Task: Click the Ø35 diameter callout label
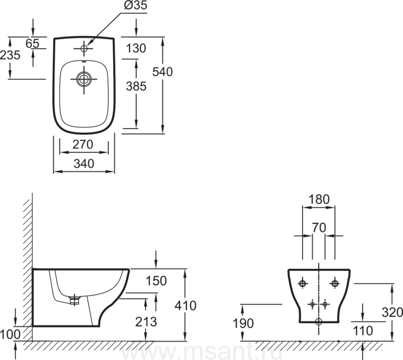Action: point(134,6)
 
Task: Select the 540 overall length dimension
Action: point(162,72)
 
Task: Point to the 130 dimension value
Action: point(136,48)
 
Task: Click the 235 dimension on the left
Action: point(10,55)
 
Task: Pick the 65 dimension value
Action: point(33,43)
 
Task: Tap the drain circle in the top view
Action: point(83,79)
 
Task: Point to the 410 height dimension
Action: point(186,305)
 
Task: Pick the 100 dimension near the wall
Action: point(9,334)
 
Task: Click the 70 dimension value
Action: point(319,227)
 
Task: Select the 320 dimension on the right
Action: point(392,312)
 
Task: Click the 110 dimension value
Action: point(363,331)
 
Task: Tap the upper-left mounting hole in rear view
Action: point(303,283)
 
